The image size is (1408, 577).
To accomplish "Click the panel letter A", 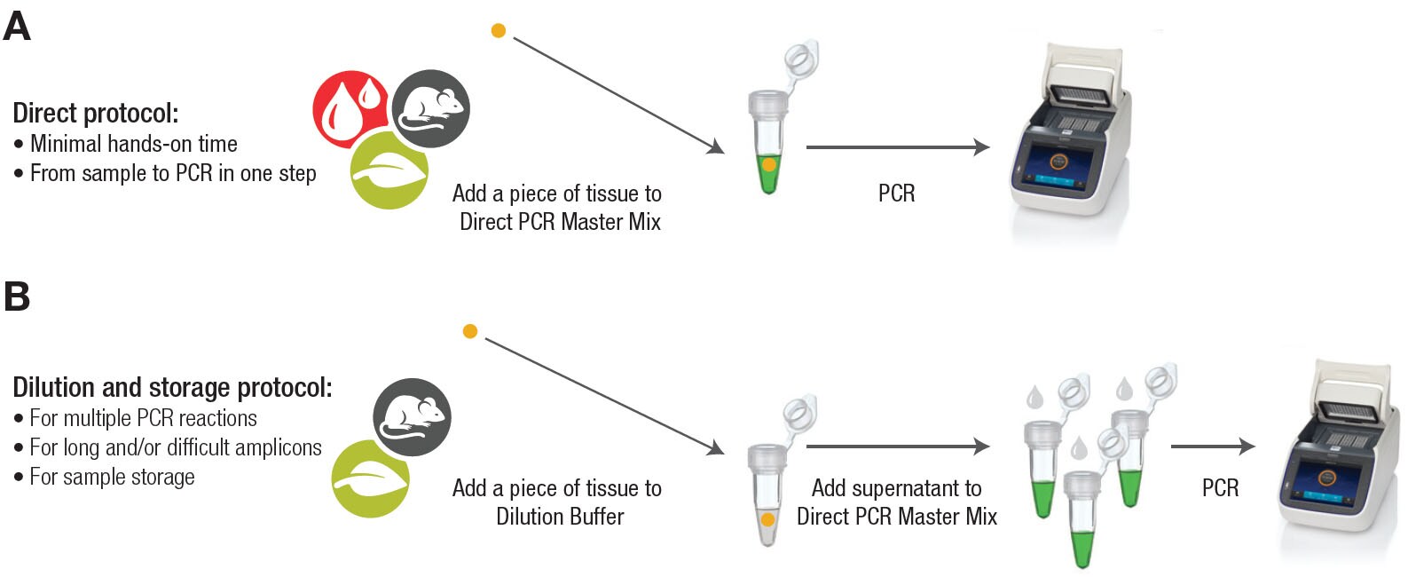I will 17,26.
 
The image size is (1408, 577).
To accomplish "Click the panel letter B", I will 17,296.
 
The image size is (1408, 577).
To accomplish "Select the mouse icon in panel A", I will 431,108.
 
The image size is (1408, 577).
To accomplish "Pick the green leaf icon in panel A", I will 389,170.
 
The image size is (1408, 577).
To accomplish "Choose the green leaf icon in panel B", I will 370,479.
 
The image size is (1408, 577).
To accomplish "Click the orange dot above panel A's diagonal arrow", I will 499,31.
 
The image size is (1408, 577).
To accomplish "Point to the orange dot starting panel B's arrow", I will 470,332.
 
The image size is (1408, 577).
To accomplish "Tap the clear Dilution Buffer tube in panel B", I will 767,493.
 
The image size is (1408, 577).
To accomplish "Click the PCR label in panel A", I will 896,194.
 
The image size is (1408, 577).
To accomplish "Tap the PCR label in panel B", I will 1220,488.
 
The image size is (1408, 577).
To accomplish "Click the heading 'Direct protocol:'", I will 96,114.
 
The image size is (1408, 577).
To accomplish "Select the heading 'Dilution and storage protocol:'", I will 172,388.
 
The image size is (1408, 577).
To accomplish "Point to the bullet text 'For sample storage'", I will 112,477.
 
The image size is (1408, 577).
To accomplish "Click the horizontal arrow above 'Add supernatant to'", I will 897,447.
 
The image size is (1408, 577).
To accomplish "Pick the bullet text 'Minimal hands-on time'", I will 133,144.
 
